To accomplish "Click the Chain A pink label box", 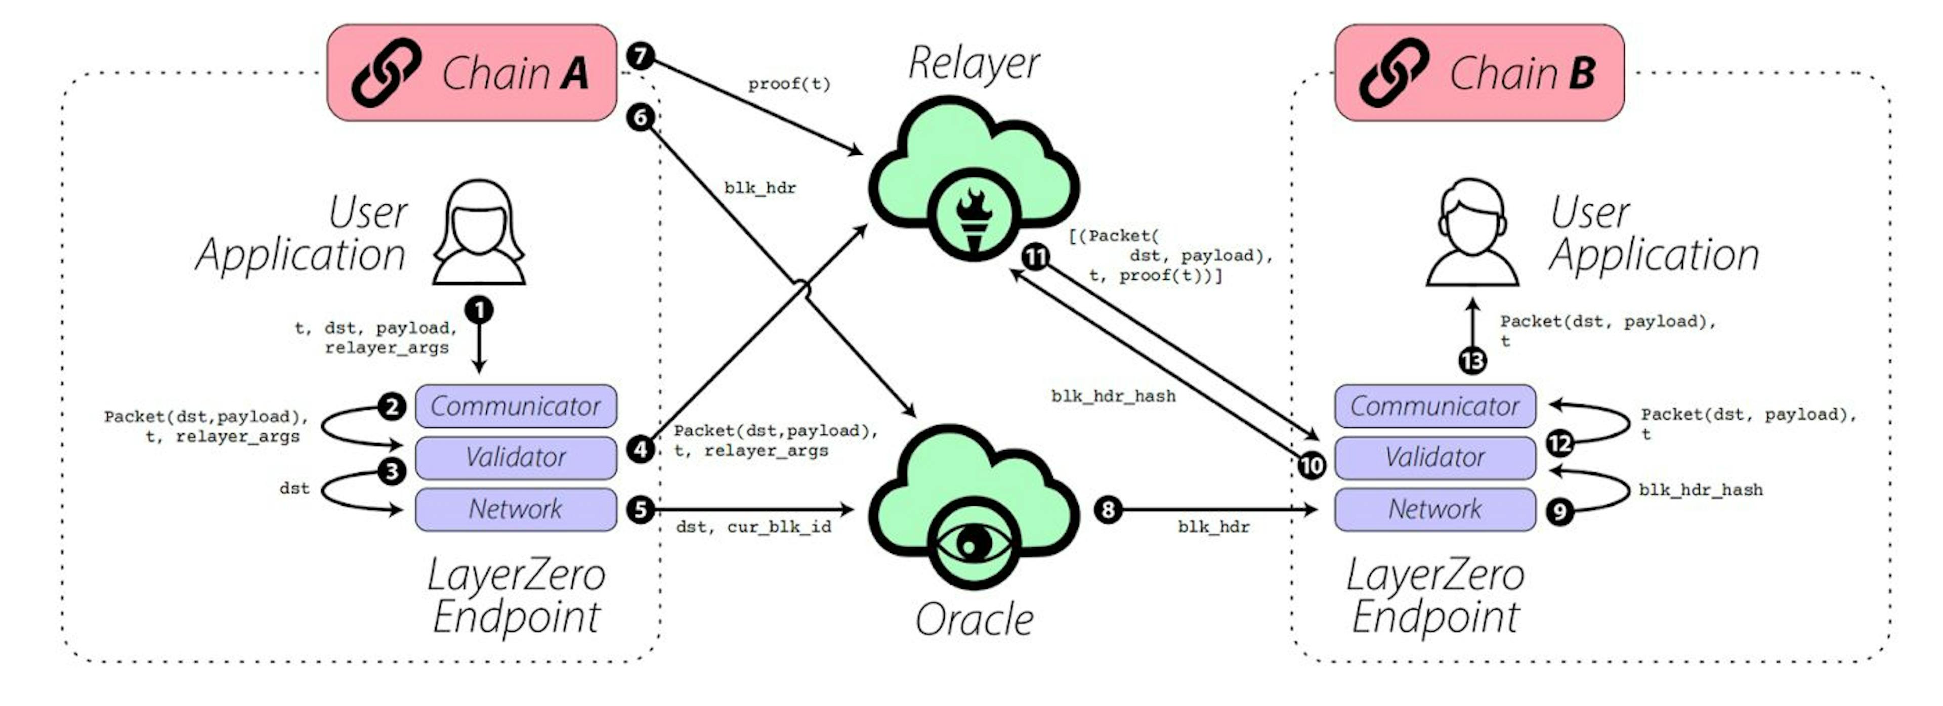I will [x=472, y=72].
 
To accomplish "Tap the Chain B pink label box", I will [x=1479, y=72].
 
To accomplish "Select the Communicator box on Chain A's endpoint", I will [x=516, y=406].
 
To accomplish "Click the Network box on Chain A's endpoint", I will [x=516, y=509].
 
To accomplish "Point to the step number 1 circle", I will [x=479, y=309].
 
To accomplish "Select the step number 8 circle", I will [x=1108, y=510].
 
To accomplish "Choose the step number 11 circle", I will [x=1036, y=257].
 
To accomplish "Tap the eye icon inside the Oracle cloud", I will [x=974, y=543].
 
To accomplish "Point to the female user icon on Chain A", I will [x=479, y=232].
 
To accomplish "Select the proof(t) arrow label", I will [x=789, y=84].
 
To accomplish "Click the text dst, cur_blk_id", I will [x=753, y=526].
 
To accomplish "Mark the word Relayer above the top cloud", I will [x=974, y=63].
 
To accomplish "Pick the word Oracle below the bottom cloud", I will [x=974, y=620].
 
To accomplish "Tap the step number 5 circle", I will [x=641, y=510].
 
